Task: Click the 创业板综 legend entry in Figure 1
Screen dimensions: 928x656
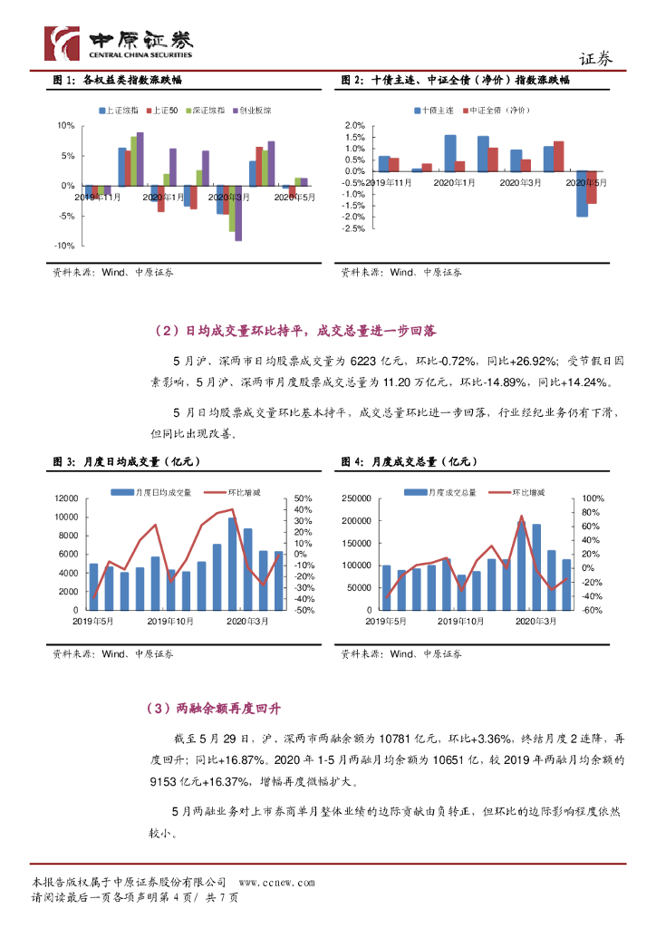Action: (253, 111)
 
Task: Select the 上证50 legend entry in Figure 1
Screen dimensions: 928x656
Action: (163, 111)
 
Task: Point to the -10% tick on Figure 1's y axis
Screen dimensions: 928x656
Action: (65, 246)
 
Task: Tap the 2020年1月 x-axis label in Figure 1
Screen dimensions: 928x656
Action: (163, 196)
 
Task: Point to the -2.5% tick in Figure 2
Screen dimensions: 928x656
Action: (352, 228)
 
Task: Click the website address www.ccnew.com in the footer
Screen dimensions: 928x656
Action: (276, 882)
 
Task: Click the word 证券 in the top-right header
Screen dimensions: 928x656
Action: (595, 59)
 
